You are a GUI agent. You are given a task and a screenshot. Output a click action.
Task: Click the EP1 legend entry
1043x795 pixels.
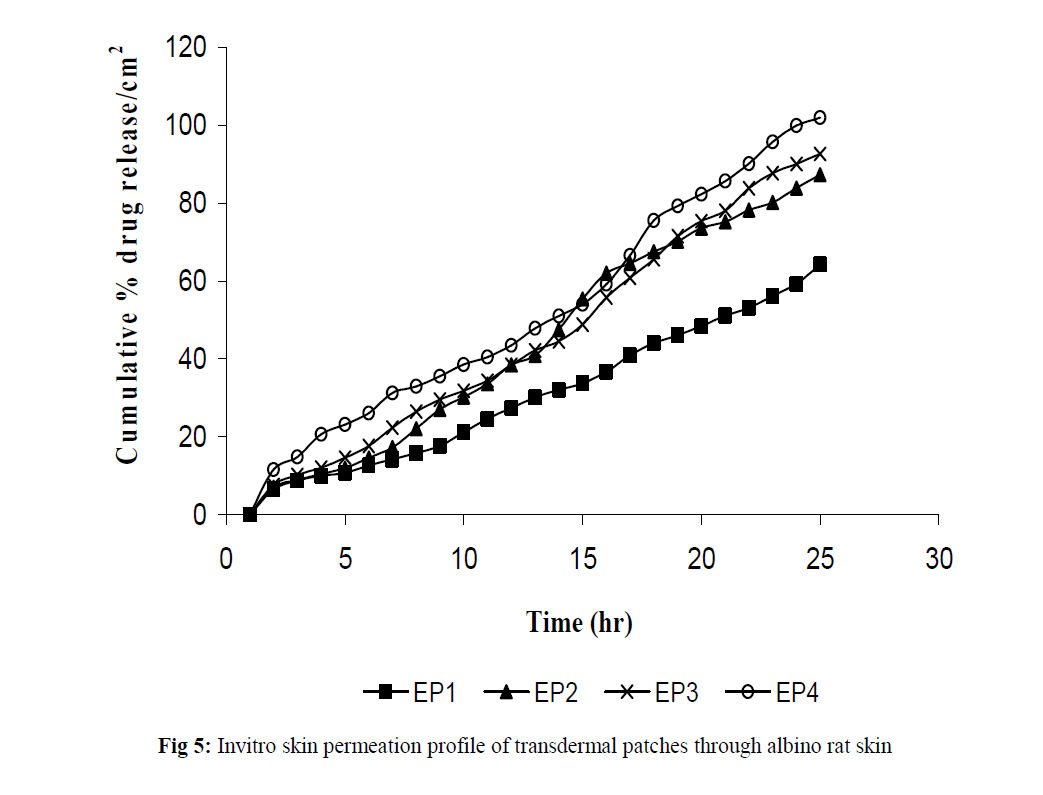tap(412, 691)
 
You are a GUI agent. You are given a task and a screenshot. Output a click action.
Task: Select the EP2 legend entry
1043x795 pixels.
tap(530, 691)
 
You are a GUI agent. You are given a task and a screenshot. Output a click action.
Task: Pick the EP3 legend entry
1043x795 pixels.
tap(649, 691)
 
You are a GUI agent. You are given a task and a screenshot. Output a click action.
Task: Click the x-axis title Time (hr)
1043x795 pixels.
tap(580, 623)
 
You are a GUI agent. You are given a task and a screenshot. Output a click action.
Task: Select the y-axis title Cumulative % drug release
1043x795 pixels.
tap(129, 260)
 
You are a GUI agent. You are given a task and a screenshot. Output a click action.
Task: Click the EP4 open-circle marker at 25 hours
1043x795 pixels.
tap(820, 117)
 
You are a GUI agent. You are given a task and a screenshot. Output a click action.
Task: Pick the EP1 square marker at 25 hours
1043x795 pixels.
tap(820, 264)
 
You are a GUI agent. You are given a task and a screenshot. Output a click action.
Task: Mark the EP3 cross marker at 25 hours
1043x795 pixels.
tap(820, 154)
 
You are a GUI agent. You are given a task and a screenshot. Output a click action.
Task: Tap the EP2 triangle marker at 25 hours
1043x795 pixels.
tap(820, 174)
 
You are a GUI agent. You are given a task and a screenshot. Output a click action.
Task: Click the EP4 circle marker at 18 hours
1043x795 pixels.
tap(654, 220)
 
